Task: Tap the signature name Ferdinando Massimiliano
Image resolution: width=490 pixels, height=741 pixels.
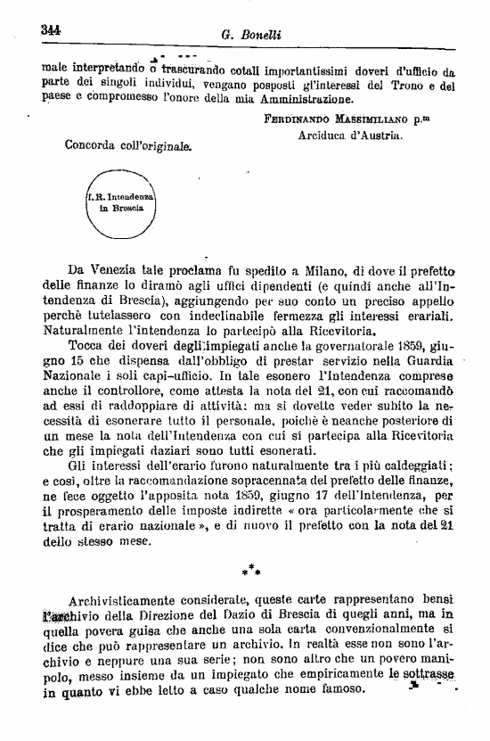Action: pyautogui.click(x=334, y=118)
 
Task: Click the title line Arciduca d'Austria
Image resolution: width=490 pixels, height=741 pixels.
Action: pyautogui.click(x=350, y=136)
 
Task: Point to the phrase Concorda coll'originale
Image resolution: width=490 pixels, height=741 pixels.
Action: pyautogui.click(x=129, y=143)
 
